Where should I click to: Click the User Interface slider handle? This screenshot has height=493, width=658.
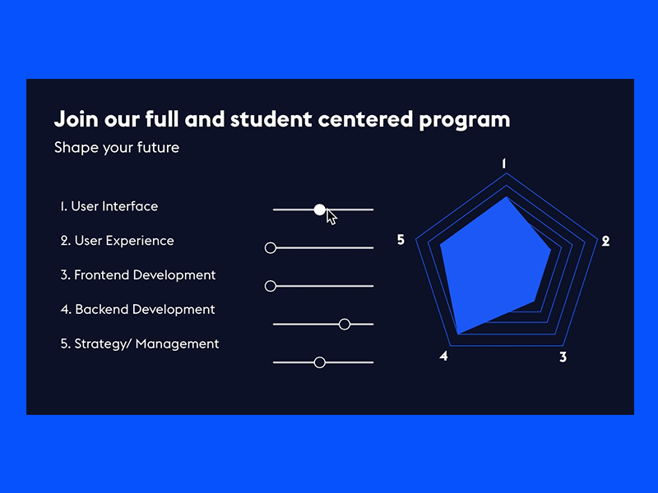(320, 210)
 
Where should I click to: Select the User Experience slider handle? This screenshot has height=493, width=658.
(270, 247)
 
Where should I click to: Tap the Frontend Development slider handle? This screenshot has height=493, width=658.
(270, 286)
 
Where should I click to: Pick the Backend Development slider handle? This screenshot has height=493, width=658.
(345, 325)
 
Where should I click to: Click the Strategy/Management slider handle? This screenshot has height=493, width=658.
(320, 362)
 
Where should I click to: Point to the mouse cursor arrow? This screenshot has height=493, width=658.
(331, 217)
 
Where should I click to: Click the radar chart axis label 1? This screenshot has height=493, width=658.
(504, 164)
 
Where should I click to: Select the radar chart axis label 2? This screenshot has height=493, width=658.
(605, 242)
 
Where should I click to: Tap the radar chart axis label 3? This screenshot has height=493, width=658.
(563, 357)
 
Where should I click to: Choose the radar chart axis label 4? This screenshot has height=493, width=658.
(443, 357)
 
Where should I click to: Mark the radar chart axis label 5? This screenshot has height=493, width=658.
(401, 240)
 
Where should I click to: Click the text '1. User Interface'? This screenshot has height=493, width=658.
(109, 206)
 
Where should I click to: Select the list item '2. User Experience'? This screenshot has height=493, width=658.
(117, 241)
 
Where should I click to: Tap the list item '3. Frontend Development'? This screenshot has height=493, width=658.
(137, 275)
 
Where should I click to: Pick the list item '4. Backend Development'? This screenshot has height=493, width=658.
(137, 310)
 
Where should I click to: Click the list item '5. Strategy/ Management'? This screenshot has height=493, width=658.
(139, 344)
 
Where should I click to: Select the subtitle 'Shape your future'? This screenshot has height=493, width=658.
(116, 148)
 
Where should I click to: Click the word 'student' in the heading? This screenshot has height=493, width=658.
(268, 119)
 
